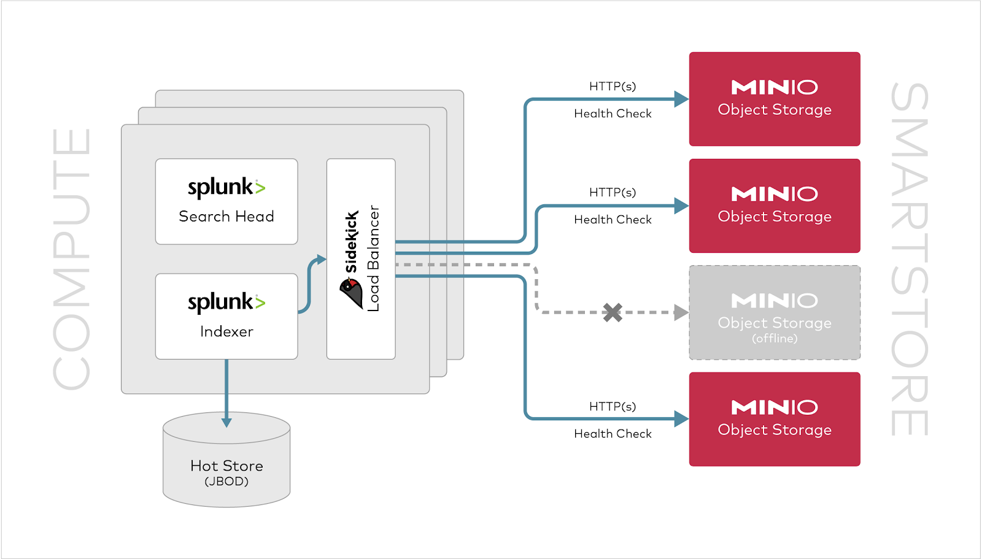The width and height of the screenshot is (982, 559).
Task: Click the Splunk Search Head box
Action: click(x=226, y=201)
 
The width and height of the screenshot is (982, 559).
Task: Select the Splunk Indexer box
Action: click(x=226, y=316)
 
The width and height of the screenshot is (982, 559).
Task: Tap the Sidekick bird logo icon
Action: click(x=352, y=293)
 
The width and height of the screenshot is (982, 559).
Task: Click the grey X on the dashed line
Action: click(x=612, y=312)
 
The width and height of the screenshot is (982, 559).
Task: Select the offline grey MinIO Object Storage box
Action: click(x=774, y=312)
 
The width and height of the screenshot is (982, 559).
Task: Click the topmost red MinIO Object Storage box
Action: click(x=774, y=99)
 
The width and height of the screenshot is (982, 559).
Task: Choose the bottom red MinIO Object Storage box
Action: click(x=774, y=419)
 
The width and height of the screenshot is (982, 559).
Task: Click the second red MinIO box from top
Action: click(x=774, y=206)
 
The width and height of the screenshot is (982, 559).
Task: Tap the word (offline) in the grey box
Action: click(x=775, y=339)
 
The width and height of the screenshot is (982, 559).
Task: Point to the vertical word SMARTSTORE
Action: click(x=910, y=259)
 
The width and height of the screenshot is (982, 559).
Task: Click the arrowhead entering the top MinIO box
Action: click(x=681, y=99)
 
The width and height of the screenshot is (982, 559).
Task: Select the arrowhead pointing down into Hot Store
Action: click(x=226, y=422)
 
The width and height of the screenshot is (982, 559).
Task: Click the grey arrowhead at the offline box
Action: click(x=681, y=312)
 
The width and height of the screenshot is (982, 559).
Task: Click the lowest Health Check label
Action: click(x=613, y=434)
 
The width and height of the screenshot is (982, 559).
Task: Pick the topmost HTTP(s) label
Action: click(x=613, y=87)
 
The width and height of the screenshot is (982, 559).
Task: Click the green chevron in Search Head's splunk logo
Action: click(x=260, y=188)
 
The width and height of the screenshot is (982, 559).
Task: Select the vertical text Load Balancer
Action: click(x=373, y=258)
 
